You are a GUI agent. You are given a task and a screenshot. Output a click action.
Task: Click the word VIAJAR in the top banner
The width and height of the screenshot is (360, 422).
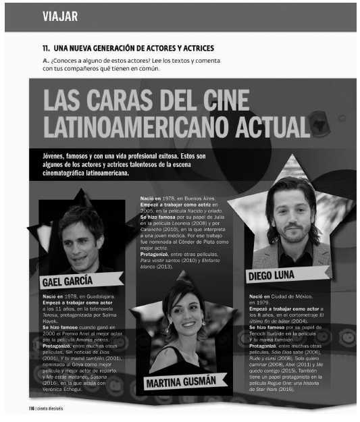pos(60,16)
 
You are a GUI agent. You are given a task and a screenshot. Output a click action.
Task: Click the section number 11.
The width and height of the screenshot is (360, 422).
pos(47,49)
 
